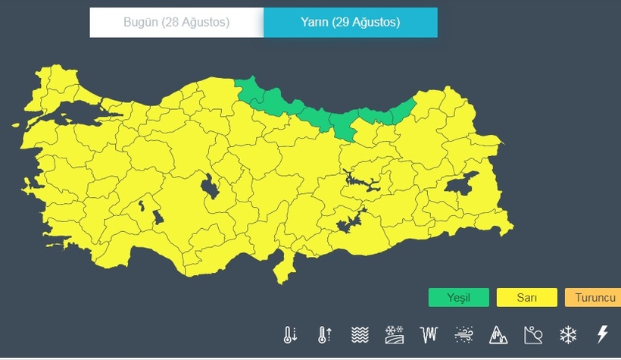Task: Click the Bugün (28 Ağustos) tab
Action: point(176,23)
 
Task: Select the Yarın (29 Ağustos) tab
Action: point(350,23)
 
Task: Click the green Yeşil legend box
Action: point(458,297)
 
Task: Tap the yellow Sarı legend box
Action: point(526,297)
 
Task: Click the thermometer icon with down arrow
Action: point(290,334)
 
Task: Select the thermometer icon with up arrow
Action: point(325,334)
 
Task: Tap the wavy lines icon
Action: point(360,334)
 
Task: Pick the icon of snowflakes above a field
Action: point(394,334)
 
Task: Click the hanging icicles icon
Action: point(429,334)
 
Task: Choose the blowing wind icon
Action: point(463,334)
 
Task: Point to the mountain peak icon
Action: point(498,334)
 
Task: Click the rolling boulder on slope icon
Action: point(533,334)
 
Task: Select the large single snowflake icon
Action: point(568,334)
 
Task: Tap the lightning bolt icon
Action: point(603,334)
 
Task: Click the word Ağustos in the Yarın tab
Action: point(376,23)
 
